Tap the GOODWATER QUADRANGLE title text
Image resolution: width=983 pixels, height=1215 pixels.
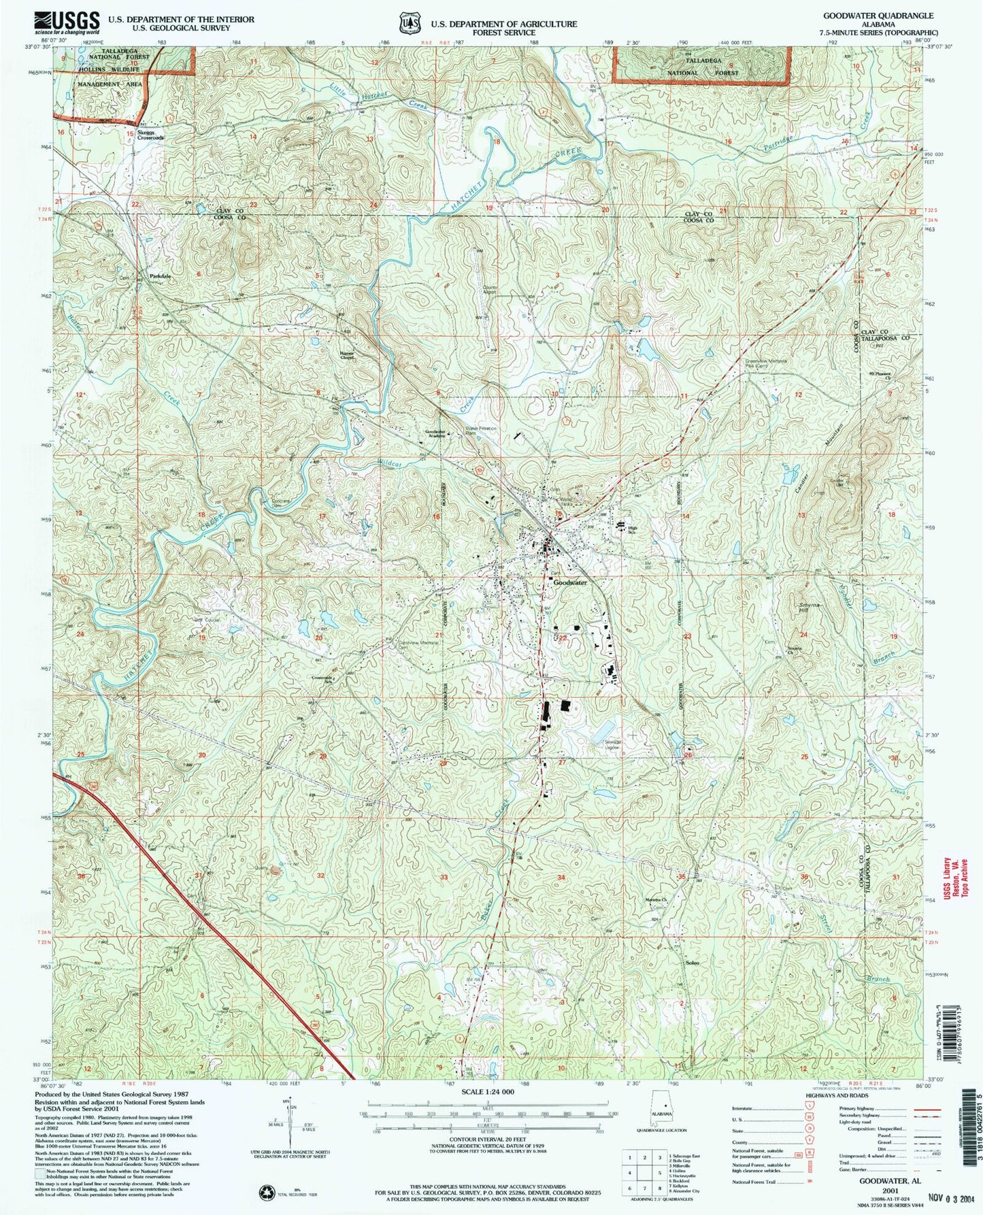coord(878,15)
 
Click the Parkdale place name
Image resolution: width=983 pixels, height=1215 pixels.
coord(161,277)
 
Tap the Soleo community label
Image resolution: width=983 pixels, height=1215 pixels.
coord(692,963)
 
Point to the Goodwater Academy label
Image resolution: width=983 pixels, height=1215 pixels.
coord(439,434)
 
